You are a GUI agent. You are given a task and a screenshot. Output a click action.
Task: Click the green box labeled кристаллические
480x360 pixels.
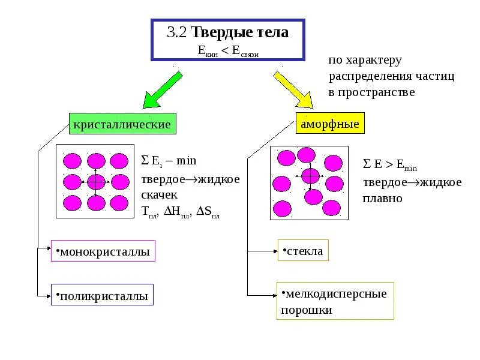(x=122, y=125)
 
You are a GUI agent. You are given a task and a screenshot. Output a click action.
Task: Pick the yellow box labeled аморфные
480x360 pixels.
(x=329, y=124)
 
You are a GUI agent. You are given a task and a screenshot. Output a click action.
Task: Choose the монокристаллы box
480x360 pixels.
(x=103, y=251)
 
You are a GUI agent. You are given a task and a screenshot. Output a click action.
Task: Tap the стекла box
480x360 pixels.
(x=303, y=251)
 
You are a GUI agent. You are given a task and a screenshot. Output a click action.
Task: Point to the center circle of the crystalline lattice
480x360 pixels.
(x=95, y=181)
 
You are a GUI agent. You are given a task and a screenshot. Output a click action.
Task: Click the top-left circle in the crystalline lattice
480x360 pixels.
(x=72, y=161)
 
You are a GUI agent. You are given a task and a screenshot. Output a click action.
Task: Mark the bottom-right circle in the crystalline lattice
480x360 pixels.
(x=119, y=202)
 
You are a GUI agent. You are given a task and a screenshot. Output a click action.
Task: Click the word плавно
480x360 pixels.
(x=383, y=198)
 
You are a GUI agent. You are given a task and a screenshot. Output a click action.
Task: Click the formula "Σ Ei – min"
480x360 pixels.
(x=169, y=161)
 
